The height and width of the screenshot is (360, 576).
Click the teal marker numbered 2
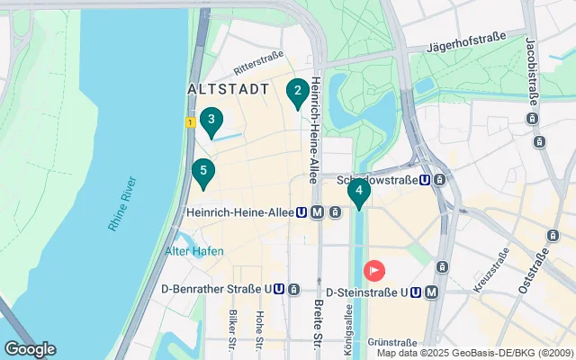[x=296, y=91]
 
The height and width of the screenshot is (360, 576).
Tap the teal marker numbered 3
[x=211, y=120]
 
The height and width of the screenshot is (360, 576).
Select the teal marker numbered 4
[x=358, y=191]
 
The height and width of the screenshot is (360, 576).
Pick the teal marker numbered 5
[x=203, y=171]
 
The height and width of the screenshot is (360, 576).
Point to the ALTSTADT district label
[x=229, y=90]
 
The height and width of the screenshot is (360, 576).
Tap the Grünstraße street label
[x=392, y=342]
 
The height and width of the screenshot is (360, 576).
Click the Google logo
[x=30, y=349]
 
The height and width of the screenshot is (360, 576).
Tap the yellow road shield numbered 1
[x=191, y=121]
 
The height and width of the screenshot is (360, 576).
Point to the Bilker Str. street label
[x=232, y=329]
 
